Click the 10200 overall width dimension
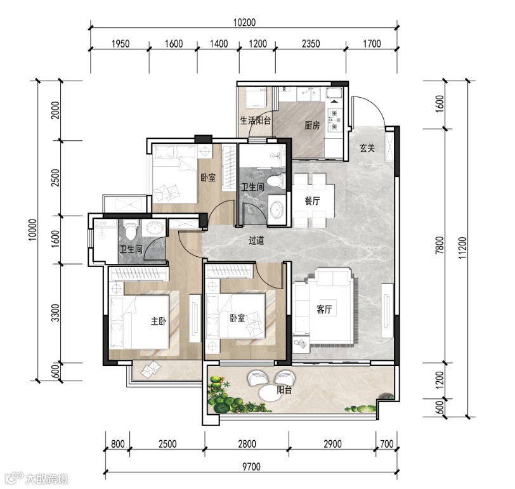[244, 22]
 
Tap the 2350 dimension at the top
[311, 43]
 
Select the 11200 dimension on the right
[462, 247]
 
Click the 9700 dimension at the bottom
[251, 466]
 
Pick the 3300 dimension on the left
[56, 313]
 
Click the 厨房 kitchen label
[311, 125]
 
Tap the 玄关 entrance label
[367, 148]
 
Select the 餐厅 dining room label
[312, 200]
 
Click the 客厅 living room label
[324, 309]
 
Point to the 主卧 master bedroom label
[159, 321]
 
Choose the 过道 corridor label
[256, 240]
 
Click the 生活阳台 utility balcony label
[256, 121]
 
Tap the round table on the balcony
[270, 393]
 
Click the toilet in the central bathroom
[275, 181]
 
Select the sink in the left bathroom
[154, 228]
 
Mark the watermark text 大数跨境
[47, 479]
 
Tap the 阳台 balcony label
[284, 390]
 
